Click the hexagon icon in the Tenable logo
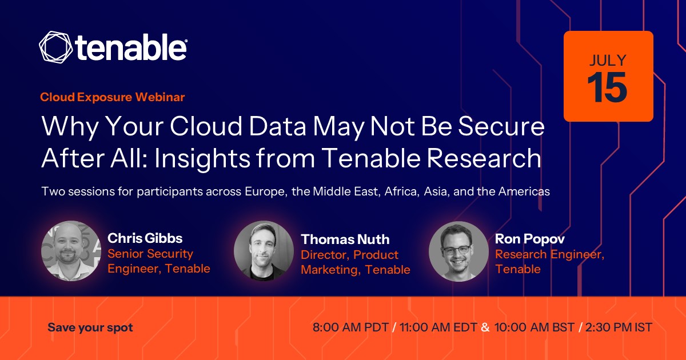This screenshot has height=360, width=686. tap(56, 47)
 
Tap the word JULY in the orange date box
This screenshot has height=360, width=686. tap(608, 61)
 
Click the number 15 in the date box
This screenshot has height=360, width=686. tap(607, 87)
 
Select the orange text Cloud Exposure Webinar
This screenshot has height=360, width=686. tap(113, 97)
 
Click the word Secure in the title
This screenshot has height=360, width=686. tap(501, 126)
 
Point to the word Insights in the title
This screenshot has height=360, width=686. tap(202, 158)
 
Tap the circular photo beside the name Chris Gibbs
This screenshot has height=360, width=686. tap(71, 251)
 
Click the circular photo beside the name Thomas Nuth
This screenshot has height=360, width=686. tap(264, 251)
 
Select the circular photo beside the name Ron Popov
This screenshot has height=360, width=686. tap(458, 251)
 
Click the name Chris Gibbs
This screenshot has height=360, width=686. tap(145, 238)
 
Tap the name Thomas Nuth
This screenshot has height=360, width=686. tap(345, 239)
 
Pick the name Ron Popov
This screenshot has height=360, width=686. tap(529, 239)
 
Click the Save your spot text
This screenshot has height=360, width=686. tap(90, 327)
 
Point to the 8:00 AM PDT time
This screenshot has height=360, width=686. tap(350, 327)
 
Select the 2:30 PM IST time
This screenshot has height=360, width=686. tap(619, 327)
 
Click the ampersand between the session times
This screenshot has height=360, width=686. tap(485, 327)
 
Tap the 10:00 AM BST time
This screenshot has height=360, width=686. tap(534, 327)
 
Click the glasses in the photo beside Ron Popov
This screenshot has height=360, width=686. tap(457, 250)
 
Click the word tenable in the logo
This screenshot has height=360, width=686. tap(131, 47)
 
